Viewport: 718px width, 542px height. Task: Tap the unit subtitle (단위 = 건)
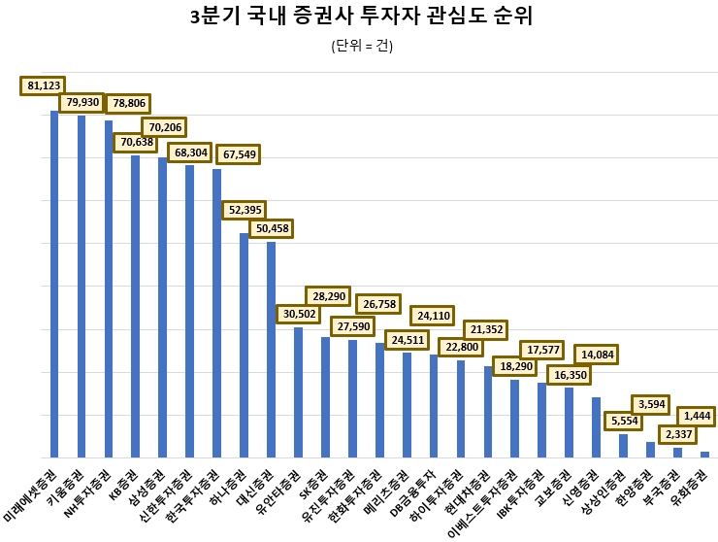tap(362, 46)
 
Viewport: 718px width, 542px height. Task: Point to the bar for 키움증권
tap(82, 287)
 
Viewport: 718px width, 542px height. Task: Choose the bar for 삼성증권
tap(163, 307)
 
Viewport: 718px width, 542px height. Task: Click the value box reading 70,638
tap(137, 143)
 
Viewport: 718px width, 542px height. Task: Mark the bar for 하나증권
tap(244, 345)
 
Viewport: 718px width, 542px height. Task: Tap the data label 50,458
tap(271, 228)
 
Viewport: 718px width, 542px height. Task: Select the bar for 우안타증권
tap(298, 392)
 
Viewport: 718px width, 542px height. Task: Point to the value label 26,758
tap(379, 305)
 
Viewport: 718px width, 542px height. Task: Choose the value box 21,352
tap(488, 330)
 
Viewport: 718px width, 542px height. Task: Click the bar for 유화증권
tap(704, 454)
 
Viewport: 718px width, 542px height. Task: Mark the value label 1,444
tap(698, 416)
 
